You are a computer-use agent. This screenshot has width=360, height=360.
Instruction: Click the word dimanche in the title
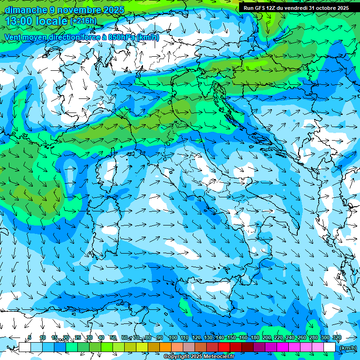[25, 10]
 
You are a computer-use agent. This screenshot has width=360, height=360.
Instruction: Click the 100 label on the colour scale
[172, 338]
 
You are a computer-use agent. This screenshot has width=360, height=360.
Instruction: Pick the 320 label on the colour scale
[337, 338]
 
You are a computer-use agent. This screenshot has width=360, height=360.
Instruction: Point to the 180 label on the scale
[255, 338]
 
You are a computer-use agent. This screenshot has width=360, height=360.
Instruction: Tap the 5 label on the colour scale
[30, 338]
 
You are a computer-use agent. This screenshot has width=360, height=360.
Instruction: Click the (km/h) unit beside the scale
[348, 348]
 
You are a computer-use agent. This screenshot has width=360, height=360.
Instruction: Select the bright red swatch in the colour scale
[224, 347]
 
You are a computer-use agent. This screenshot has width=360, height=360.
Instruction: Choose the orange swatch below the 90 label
[165, 347]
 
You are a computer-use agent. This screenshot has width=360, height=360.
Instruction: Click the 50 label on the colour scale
[113, 338]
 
